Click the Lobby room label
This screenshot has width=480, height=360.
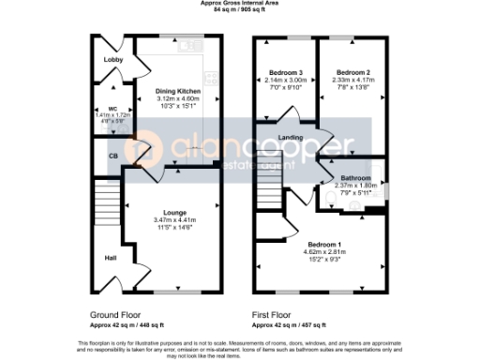tap(113, 60)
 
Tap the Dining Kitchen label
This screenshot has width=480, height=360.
tap(178, 91)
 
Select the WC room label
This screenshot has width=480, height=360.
tap(112, 109)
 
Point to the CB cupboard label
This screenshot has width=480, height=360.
tap(112, 155)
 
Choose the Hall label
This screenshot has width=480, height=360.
tap(110, 257)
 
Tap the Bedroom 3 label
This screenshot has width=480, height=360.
tap(285, 72)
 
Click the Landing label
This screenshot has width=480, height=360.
tap(303, 140)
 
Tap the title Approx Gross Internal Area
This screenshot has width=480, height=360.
tap(239, 4)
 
